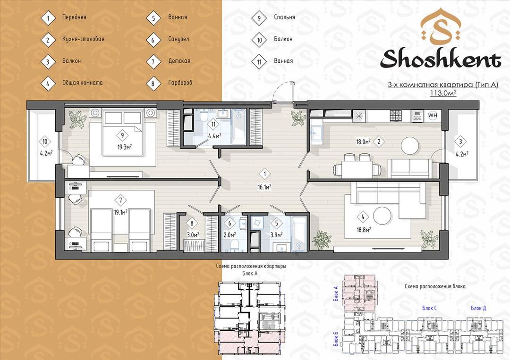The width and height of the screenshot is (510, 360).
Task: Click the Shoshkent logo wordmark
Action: pyautogui.click(x=441, y=59)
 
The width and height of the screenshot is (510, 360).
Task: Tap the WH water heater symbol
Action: pyautogui.click(x=432, y=115)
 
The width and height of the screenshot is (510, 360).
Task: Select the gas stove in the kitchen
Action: pyautogui.click(x=396, y=116)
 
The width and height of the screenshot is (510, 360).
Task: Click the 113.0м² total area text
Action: pyautogui.click(x=443, y=93)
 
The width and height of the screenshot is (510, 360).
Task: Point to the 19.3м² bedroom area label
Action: pyautogui.click(x=125, y=147)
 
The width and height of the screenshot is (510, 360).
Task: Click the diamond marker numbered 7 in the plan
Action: pyautogui.click(x=121, y=200)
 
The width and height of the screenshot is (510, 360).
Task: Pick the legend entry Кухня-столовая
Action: pyautogui.click(x=83, y=39)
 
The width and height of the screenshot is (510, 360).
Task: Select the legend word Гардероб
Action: pyautogui.click(x=180, y=83)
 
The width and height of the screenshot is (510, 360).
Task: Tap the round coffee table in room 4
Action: pyautogui.click(x=382, y=216)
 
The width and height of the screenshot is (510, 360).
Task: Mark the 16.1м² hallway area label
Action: pyautogui.click(x=264, y=187)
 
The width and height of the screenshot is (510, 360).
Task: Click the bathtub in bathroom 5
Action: pyautogui.click(x=299, y=233)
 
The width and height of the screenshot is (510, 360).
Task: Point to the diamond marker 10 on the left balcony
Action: pyautogui.click(x=45, y=142)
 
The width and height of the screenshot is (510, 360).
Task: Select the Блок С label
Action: pyautogui.click(x=429, y=308)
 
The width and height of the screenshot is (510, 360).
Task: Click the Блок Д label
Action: pyautogui.click(x=478, y=308)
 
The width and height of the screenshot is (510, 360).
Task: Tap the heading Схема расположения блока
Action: pyautogui.click(x=435, y=286)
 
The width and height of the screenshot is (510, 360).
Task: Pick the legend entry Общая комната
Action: pyautogui.click(x=83, y=83)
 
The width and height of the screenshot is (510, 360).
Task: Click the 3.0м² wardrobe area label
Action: pyautogui.click(x=192, y=234)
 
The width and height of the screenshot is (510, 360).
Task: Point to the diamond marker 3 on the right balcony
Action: pyautogui.click(x=460, y=142)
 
